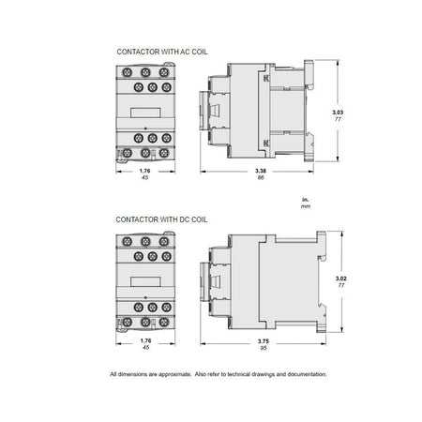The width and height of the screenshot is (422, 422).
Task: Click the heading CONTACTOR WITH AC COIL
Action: click(162, 52)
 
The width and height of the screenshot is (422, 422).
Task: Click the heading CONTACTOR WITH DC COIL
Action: click(161, 219)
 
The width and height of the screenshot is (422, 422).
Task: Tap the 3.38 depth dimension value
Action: click(261, 171)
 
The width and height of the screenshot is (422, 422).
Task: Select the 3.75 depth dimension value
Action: click(264, 341)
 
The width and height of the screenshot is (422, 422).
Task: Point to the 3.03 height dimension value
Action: click(338, 113)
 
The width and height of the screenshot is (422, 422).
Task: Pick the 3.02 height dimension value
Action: click(341, 279)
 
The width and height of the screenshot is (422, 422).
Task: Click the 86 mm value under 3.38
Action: click(261, 177)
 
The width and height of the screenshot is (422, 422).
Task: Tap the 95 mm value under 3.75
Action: click(264, 348)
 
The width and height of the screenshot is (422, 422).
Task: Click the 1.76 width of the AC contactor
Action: click(144, 171)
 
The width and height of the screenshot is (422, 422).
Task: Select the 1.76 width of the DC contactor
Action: click(145, 340)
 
